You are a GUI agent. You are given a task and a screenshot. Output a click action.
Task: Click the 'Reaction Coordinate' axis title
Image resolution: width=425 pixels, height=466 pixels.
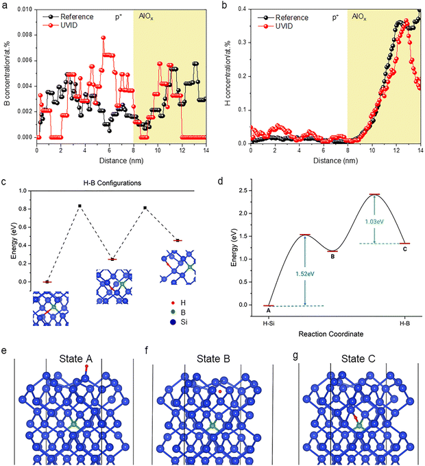(x=325, y=334)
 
